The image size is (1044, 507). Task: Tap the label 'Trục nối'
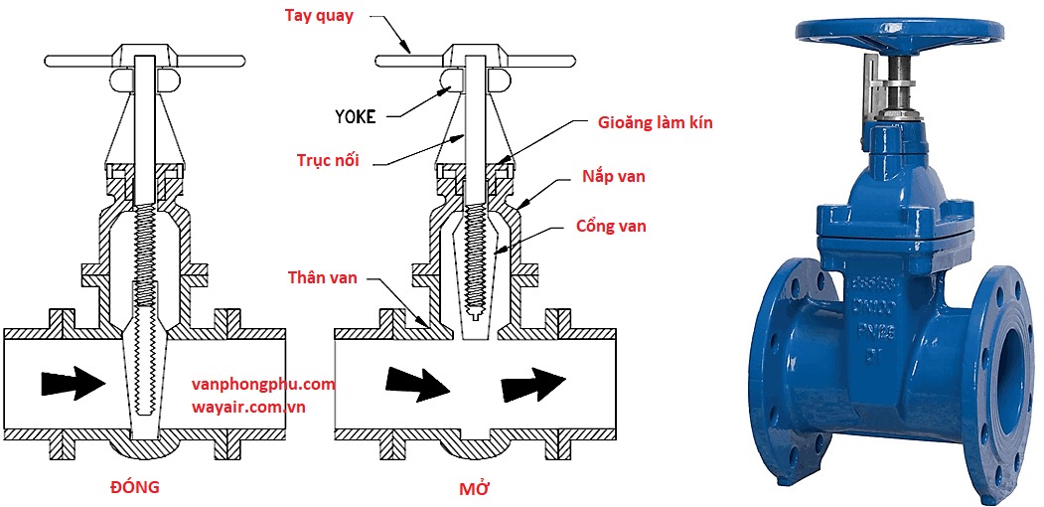(327, 160)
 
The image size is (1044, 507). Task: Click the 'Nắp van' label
(613, 176)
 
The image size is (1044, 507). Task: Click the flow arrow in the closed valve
(72, 382)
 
